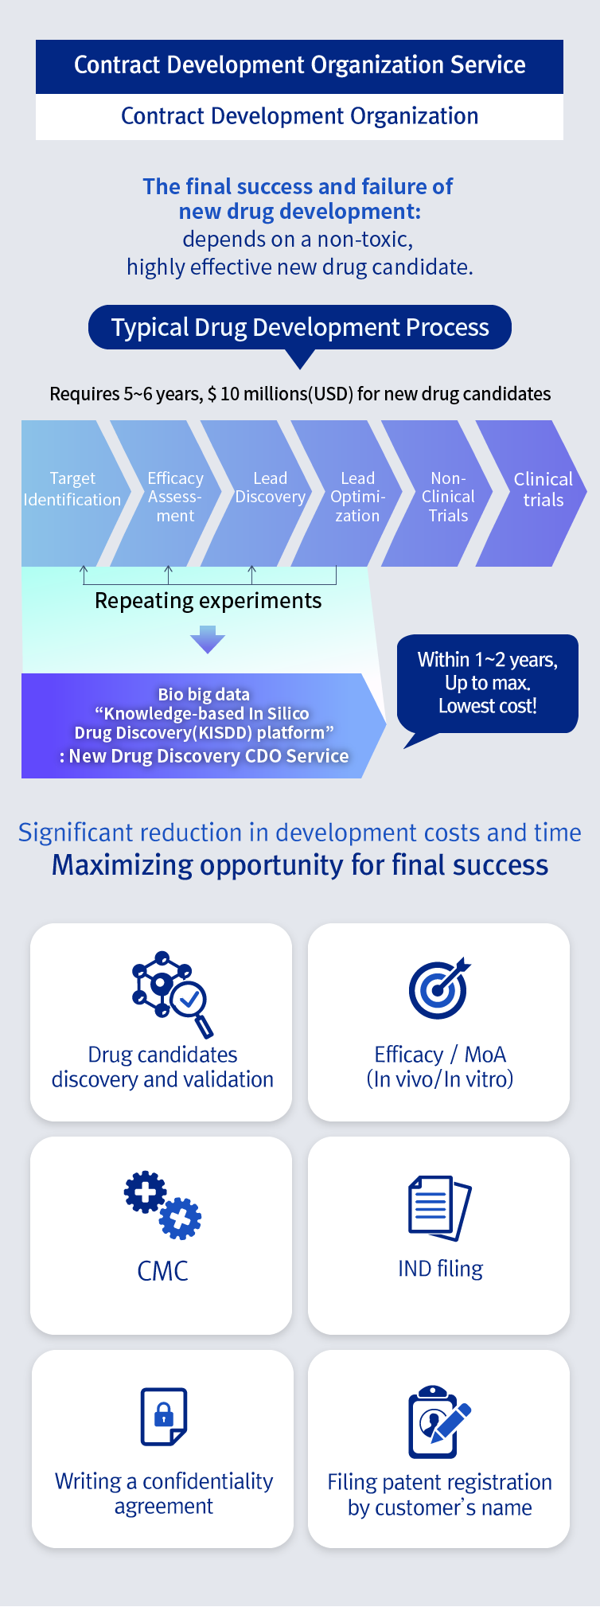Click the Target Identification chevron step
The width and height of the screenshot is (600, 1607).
pos(72,490)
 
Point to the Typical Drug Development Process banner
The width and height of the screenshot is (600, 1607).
pos(300,327)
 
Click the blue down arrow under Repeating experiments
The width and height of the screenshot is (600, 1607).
pos(208,639)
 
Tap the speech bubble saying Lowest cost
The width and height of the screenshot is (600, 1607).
pos(487,684)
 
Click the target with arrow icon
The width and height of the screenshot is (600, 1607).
pos(438,989)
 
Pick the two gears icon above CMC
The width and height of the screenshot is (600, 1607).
pos(162,1205)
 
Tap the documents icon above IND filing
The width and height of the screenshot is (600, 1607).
pos(439,1207)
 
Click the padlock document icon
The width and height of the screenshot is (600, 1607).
pos(164,1417)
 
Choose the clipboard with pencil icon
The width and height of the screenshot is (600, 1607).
pos(438,1422)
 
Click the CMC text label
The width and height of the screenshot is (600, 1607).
pos(162,1271)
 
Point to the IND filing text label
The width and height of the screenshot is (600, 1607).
pos(440,1269)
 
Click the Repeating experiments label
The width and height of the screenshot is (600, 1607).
pos(208,601)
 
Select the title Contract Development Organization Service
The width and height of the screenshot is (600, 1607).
pos(299,65)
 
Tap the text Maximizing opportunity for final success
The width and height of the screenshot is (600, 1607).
pos(300,865)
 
